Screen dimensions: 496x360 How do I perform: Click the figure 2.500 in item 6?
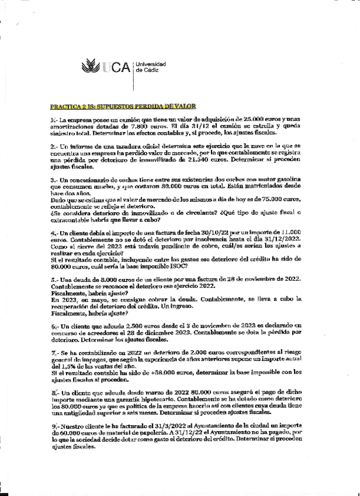[x=139, y=325]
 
